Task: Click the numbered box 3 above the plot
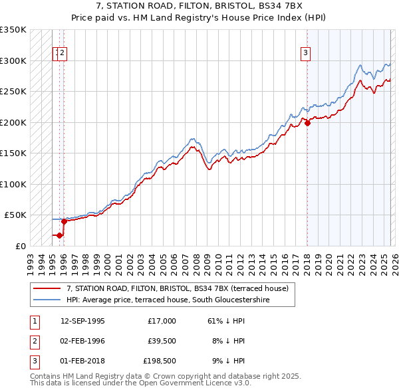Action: [305, 54]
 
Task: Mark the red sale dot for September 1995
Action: [60, 235]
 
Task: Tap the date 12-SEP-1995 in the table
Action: [82, 321]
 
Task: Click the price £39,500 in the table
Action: [160, 341]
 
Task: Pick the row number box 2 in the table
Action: [34, 341]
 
